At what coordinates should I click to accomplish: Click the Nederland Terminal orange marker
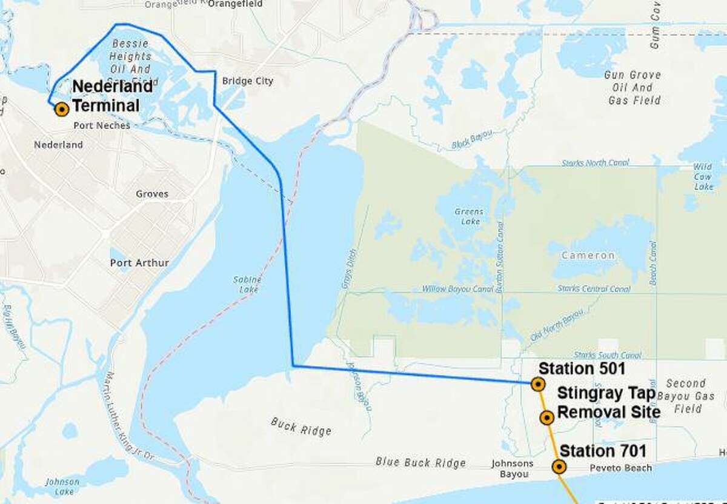(61, 109)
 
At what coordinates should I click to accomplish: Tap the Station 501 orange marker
(537, 383)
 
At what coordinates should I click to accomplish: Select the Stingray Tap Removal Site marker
(546, 417)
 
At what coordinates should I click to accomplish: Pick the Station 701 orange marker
(559, 466)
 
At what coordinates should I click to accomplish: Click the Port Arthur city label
(139, 263)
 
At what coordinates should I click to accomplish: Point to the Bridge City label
(247, 81)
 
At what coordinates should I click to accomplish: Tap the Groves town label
(152, 194)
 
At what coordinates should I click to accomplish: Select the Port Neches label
(101, 125)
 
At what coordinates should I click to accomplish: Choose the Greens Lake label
(469, 216)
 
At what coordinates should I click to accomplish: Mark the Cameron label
(588, 256)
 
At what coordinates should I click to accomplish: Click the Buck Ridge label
(301, 427)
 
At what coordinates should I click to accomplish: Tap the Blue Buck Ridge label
(420, 462)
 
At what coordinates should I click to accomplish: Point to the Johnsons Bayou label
(513, 468)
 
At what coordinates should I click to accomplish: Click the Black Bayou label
(473, 140)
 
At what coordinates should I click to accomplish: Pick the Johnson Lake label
(62, 486)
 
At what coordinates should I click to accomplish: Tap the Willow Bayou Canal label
(457, 289)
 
